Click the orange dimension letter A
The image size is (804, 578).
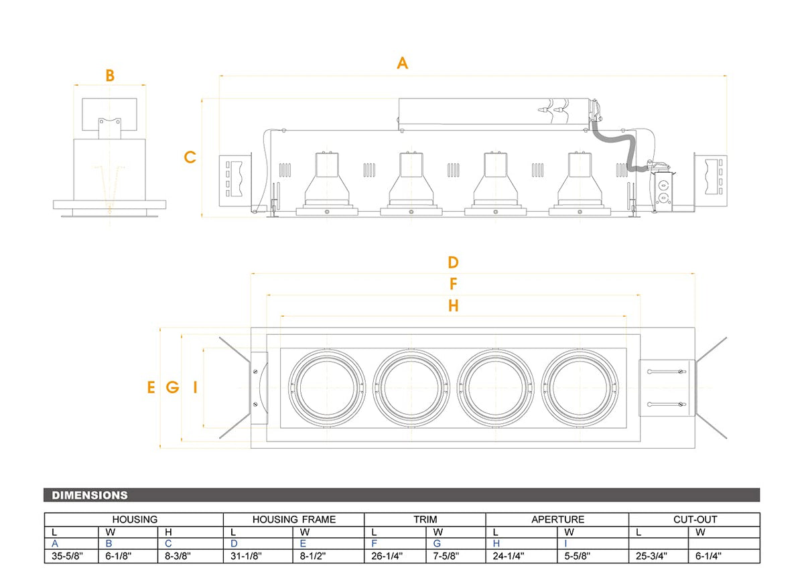coord(403,63)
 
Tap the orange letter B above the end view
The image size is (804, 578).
coord(110,76)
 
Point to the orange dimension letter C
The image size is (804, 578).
coord(190,157)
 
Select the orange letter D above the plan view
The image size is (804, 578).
coord(453,263)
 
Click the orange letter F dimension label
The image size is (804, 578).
coord(454,284)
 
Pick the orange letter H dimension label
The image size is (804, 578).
coord(454,305)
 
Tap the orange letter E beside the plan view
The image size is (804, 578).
coord(151,387)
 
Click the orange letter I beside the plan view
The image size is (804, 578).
coord(195,387)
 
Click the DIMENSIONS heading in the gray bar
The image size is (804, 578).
coord(90,495)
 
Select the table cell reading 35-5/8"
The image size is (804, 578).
coord(67,556)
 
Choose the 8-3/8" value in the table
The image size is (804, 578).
coord(178,556)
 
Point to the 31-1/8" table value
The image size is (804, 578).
coord(246,556)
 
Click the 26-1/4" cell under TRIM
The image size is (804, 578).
coord(387,556)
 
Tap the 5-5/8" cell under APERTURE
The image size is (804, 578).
coord(577,556)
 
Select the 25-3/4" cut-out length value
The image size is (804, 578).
coord(651,556)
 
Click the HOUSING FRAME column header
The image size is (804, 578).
coord(294,519)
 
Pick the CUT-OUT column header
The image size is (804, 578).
coord(695,519)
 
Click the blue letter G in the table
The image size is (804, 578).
coord(437,544)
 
